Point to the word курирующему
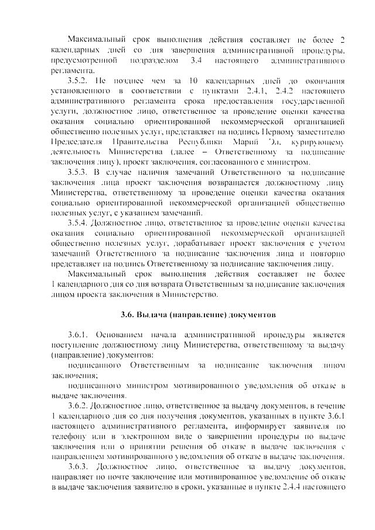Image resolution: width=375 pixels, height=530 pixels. [x=318, y=142]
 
